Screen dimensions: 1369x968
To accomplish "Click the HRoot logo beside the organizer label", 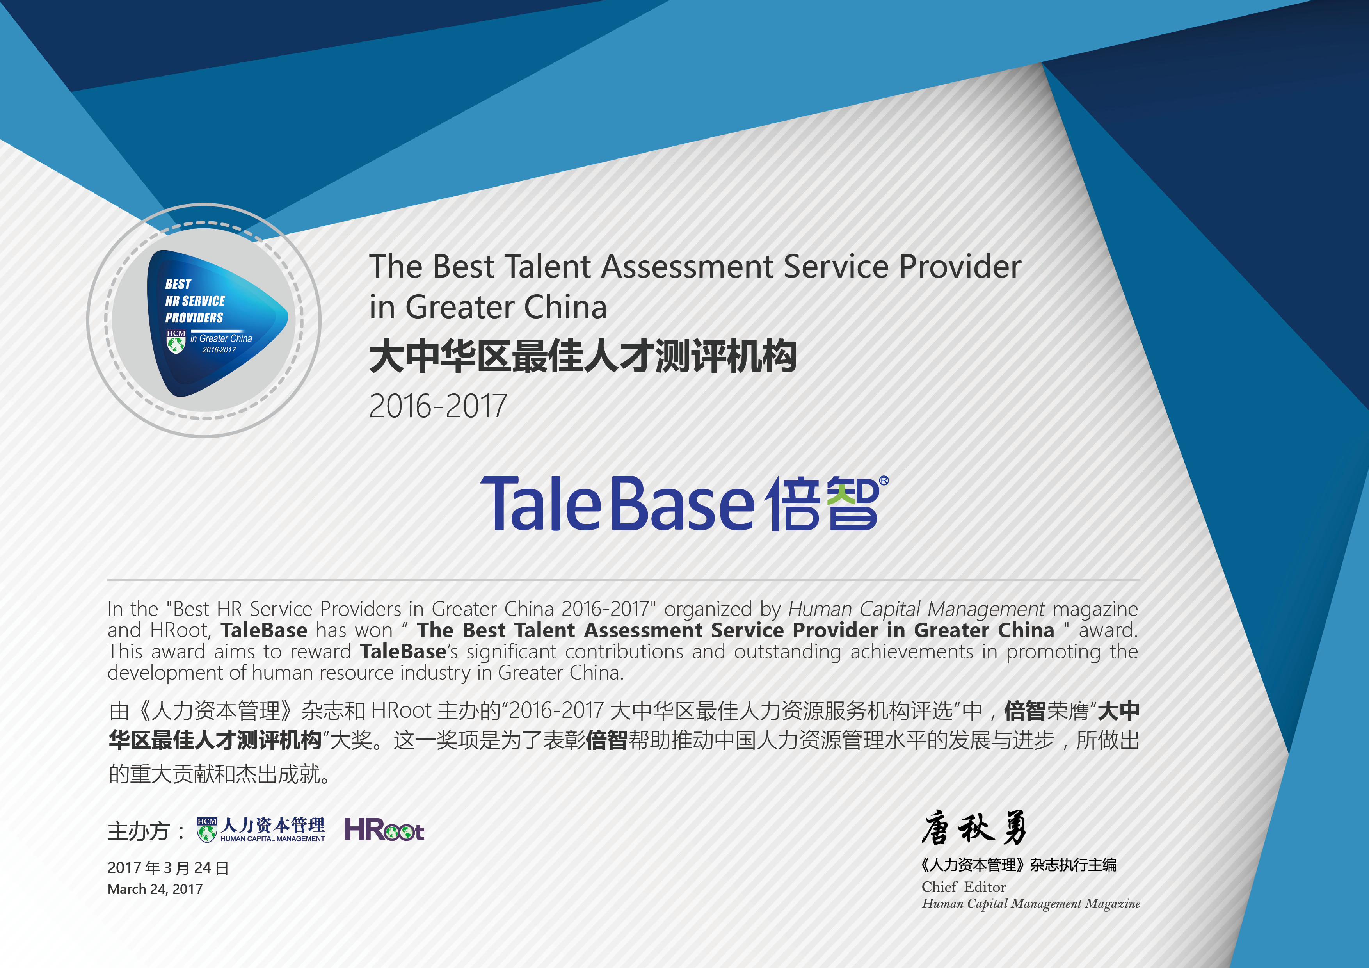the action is pos(384,829).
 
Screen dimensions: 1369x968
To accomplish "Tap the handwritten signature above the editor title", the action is pos(974,828).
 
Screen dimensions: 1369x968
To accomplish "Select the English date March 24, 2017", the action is pos(155,889).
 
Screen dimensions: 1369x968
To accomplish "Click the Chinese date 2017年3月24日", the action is pos(168,868).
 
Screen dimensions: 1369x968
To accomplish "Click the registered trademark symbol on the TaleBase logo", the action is pos(884,480).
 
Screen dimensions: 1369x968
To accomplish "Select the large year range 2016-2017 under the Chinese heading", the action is pos(437,406).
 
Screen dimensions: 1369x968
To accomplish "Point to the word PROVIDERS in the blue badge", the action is pos(194,318).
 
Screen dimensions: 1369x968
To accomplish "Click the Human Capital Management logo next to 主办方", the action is pos(261,829).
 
